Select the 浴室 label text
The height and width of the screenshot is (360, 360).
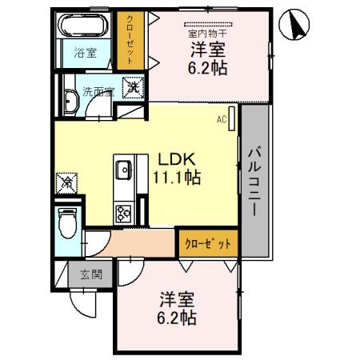point(86,54)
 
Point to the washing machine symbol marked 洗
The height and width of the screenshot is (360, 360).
point(130,87)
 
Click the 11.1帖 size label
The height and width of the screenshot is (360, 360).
point(177,175)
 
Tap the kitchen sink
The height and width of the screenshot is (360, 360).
point(125,170)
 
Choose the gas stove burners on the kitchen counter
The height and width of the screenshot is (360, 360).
point(125,213)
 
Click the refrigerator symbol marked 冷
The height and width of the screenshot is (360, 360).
point(67,182)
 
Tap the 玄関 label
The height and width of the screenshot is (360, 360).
point(90,274)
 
